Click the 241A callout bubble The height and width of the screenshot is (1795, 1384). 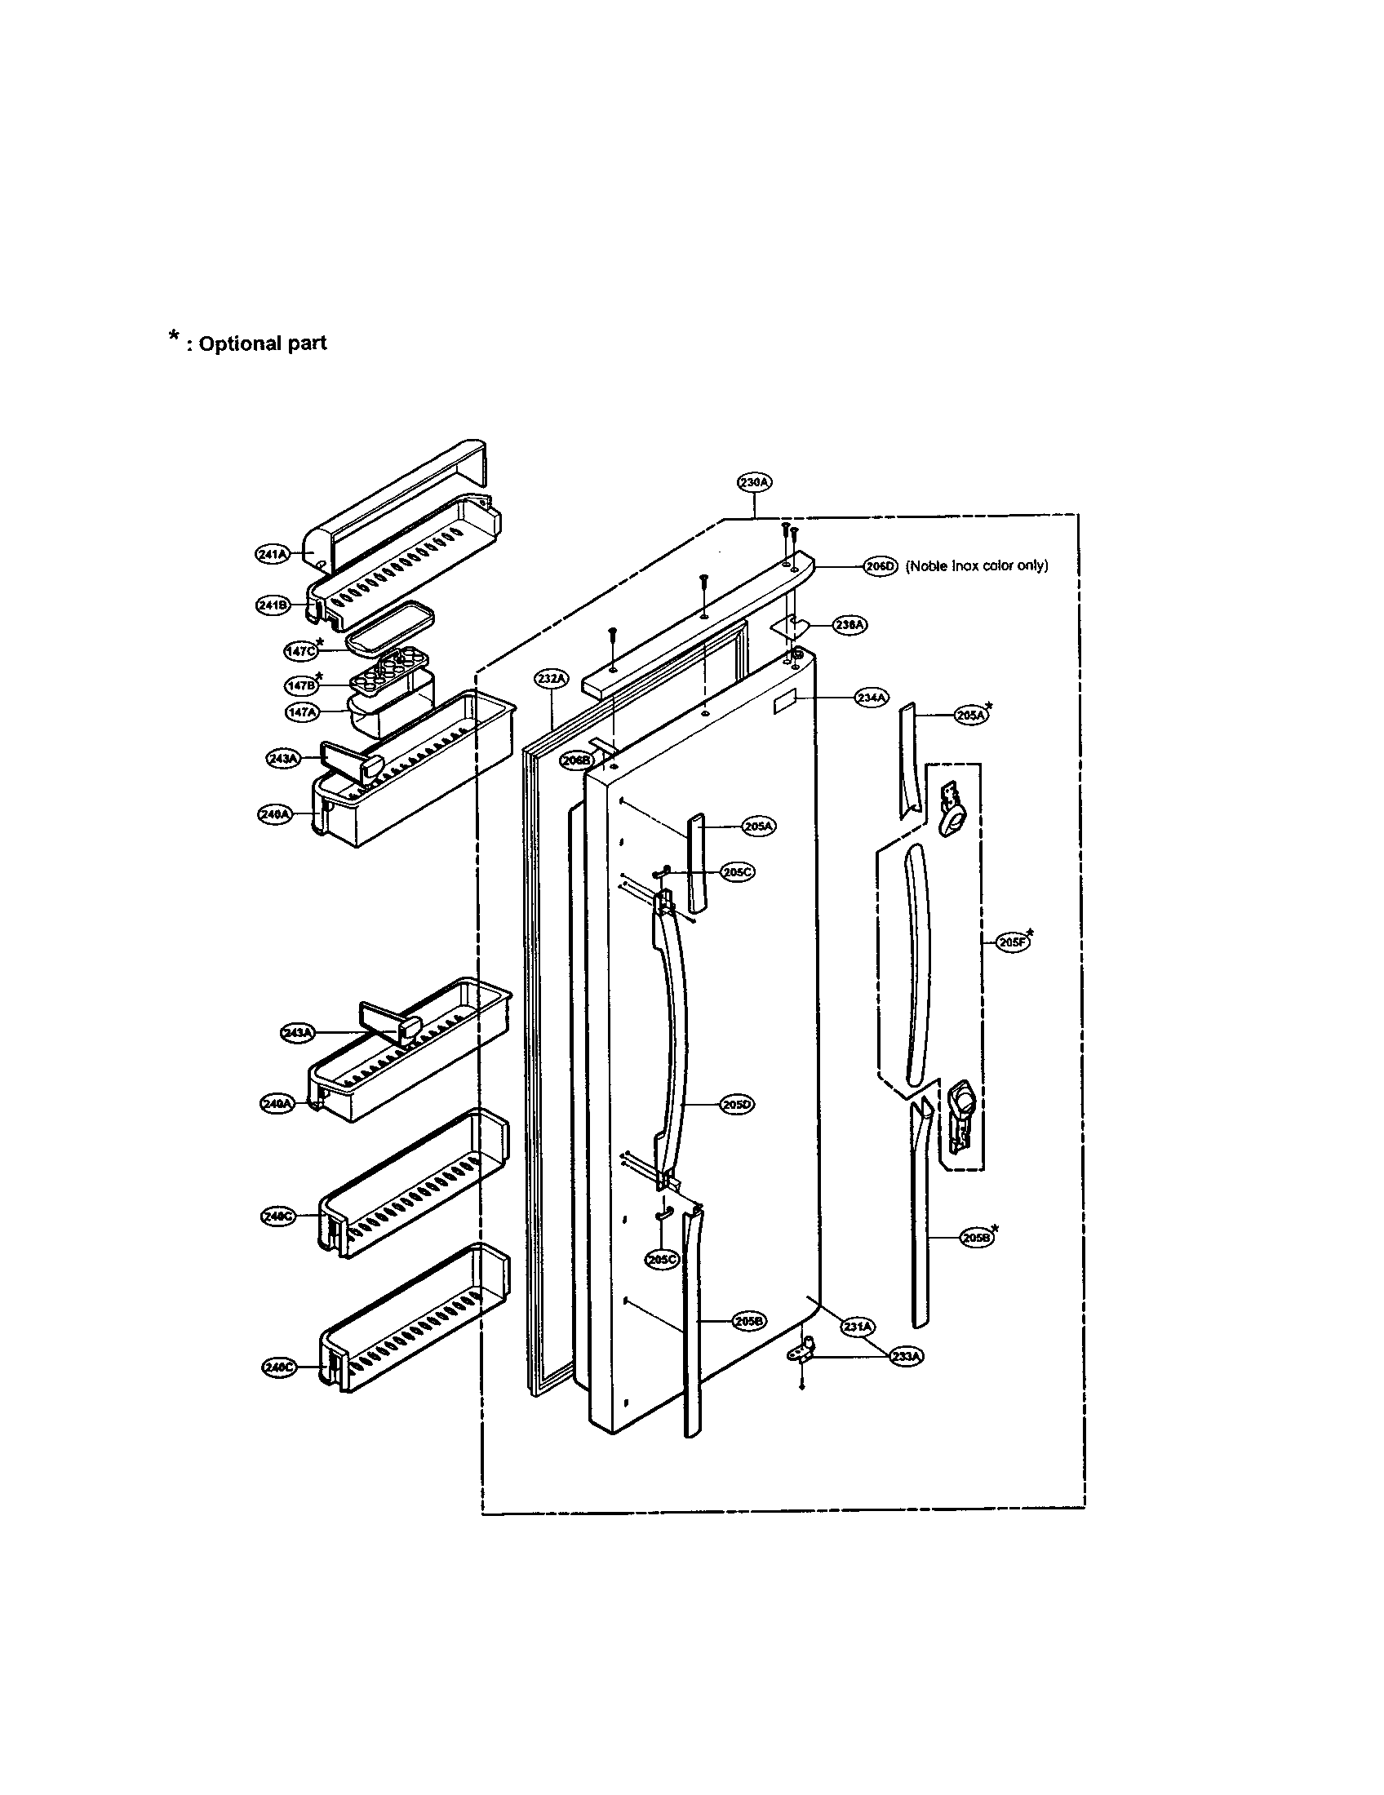[272, 555]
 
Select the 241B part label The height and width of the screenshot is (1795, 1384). [272, 605]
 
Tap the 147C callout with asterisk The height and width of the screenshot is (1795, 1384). [300, 650]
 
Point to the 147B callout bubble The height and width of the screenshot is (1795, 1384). [300, 685]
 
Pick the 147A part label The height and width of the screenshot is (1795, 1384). [301, 712]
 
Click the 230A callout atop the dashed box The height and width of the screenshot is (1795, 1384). [754, 483]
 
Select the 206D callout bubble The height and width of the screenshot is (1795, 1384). [881, 565]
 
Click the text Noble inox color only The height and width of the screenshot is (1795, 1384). [976, 565]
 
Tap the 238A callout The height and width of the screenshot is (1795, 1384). [850, 625]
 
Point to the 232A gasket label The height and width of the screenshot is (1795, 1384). [552, 678]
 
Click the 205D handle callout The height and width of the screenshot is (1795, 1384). [737, 1105]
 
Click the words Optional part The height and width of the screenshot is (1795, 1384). [262, 343]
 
